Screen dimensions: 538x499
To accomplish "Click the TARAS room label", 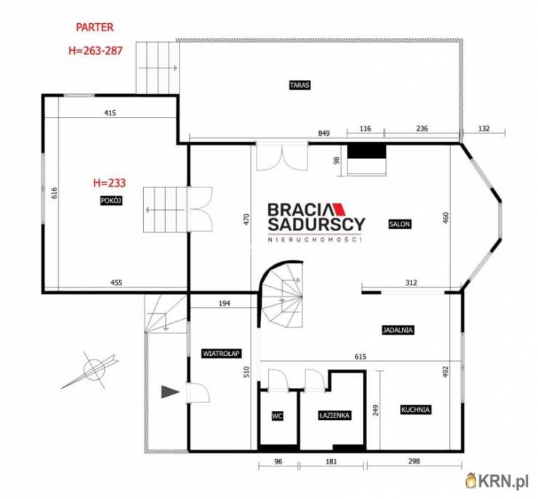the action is pos(300,85).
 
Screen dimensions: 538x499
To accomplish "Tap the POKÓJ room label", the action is pos(111,200).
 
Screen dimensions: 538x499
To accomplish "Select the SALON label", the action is pos(400,224).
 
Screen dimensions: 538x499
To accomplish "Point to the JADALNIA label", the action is pos(398,330).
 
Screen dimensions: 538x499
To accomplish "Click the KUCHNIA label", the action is pos(416,410).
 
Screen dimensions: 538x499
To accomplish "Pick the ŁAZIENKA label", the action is pos(334,415).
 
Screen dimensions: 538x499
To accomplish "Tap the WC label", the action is pos(277,416).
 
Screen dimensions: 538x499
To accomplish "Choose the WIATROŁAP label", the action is pos(221,353).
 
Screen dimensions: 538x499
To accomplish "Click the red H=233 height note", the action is pos(110,182).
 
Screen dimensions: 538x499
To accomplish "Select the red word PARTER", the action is pos(95,28).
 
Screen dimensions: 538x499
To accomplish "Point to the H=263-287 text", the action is pos(95,51).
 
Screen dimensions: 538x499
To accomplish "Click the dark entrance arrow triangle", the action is pos(170,392).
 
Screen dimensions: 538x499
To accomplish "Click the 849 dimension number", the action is pos(324,133).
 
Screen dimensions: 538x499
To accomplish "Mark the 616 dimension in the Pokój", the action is pos(55,193).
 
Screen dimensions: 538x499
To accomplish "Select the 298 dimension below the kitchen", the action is pos(414,461).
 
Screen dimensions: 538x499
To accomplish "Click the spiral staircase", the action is pos(281,295).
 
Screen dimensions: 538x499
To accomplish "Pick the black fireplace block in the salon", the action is pos(367,152).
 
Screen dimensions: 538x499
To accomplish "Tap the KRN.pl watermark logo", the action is pos(497,481).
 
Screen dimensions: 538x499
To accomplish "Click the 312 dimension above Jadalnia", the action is pos(411,283).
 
